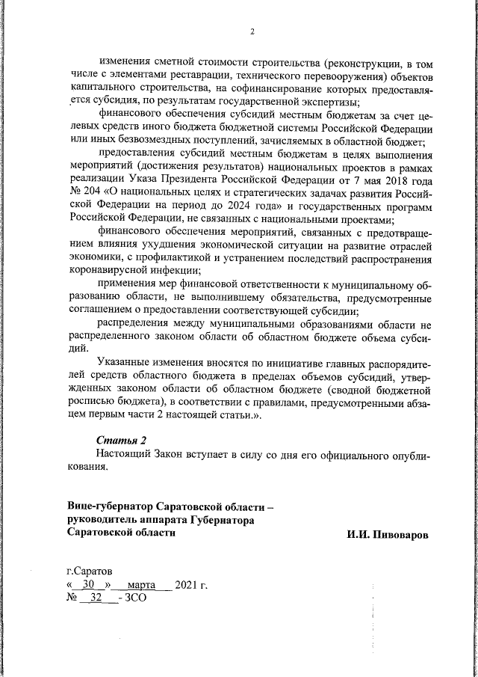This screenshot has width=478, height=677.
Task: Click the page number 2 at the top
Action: coord(252,31)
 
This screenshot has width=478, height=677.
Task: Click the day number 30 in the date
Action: coord(88,584)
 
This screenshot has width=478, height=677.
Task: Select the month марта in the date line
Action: coord(140,584)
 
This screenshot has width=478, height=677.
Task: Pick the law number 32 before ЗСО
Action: coord(96,598)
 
